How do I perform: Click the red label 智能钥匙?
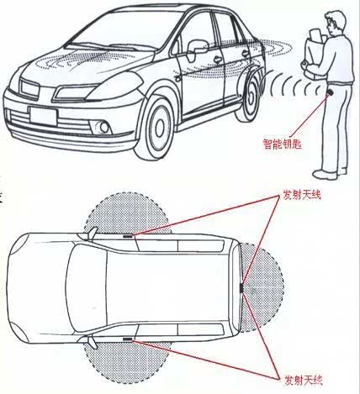click(x=283, y=144)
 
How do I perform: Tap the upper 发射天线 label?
click(x=301, y=195)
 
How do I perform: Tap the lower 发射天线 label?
click(x=304, y=381)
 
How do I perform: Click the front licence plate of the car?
click(x=44, y=117)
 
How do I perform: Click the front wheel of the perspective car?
click(x=156, y=129)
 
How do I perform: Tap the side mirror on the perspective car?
click(x=196, y=50)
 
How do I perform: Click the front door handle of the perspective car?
click(x=217, y=60)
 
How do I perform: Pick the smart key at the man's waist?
click(x=331, y=92)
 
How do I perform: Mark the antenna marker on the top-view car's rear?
click(x=241, y=287)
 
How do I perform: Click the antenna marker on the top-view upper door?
click(x=128, y=236)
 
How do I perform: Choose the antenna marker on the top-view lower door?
click(x=128, y=339)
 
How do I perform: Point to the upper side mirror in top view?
click(x=92, y=234)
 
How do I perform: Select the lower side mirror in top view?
click(x=92, y=343)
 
